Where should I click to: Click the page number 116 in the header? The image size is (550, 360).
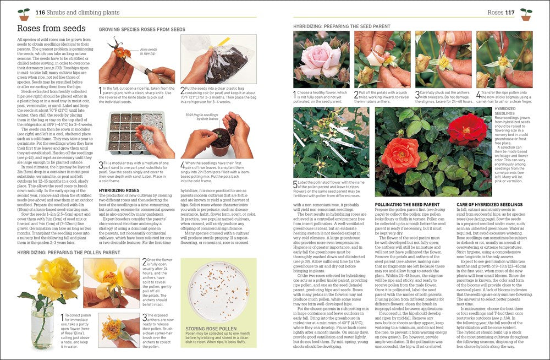40,12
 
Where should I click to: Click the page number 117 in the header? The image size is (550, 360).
510,12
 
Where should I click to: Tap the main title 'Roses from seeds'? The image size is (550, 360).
51,28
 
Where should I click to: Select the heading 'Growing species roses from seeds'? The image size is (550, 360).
142,29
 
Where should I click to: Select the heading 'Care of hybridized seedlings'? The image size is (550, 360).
490,204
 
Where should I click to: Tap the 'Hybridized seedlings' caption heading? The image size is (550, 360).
507,111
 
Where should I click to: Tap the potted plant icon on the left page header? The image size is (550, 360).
24,13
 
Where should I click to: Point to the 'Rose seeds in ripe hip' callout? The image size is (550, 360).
148,51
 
